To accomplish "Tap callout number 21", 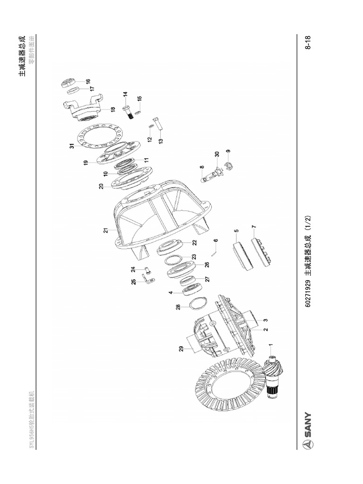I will (x=106, y=231).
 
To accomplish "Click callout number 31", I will (x=72, y=146).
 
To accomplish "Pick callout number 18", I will (x=112, y=109).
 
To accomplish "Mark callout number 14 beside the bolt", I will (x=125, y=95).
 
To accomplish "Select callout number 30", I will (x=216, y=154).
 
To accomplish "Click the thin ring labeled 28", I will (x=198, y=302).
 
